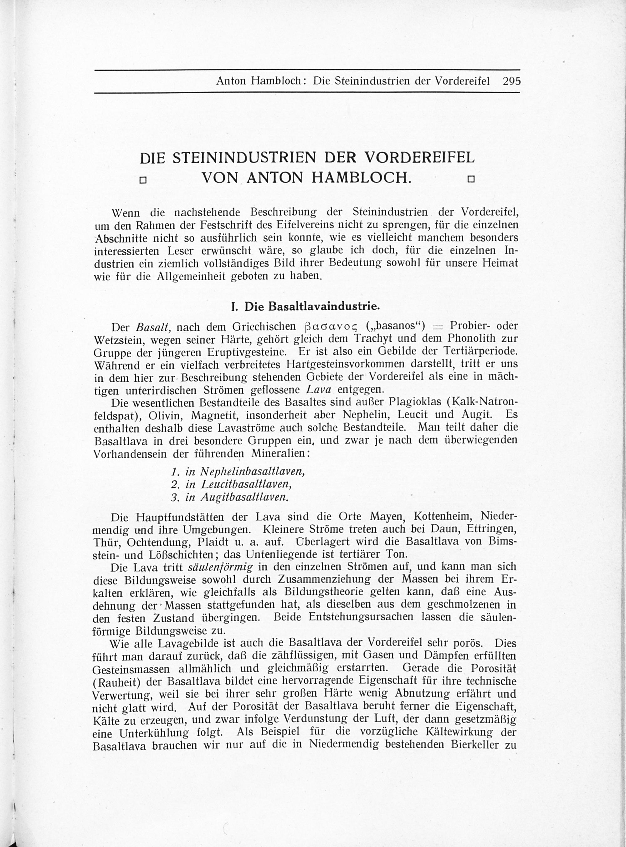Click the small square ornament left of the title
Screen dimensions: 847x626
click(x=143, y=180)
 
